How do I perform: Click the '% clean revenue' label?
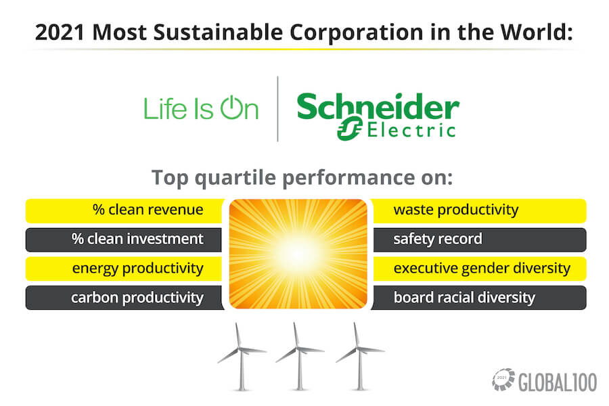(148, 210)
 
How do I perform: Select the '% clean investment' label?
(137, 239)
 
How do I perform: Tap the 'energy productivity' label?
(137, 269)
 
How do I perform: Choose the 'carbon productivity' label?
(137, 298)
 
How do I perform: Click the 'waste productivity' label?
(456, 210)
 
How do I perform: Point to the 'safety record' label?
(438, 239)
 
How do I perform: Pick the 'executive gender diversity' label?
(482, 269)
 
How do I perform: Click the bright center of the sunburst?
(298, 254)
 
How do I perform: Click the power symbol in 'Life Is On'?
(232, 108)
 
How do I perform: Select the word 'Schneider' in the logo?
(378, 107)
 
